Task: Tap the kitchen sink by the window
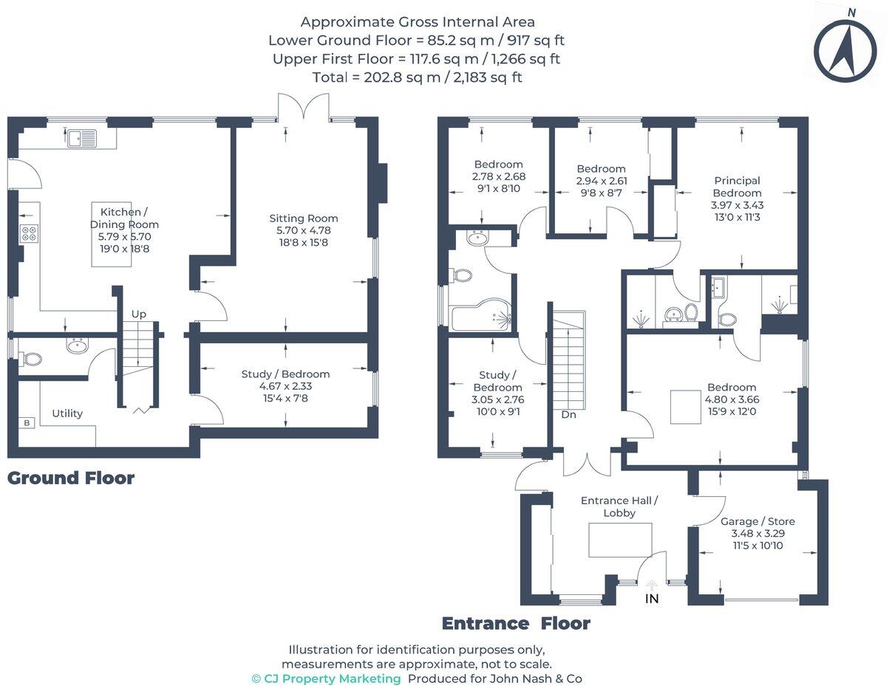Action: coord(82,138)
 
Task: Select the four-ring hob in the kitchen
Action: coord(29,233)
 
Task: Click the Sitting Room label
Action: coord(303,219)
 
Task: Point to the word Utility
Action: coord(67,413)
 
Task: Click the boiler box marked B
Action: coord(27,423)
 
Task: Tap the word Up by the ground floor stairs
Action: coord(139,314)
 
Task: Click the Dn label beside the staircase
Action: coord(568,415)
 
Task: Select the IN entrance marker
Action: coord(652,599)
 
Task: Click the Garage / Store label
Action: coord(757,521)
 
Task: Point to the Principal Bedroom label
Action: coord(737,187)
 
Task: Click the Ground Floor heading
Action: coord(71,478)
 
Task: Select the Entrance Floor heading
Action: coord(516,624)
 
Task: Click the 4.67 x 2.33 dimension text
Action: coord(286,386)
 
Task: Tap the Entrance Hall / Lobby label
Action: coord(619,506)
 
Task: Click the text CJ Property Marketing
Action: coord(332,678)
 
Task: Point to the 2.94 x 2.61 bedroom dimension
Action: coord(602,181)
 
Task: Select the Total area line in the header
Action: coord(417,77)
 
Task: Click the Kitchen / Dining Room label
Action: coord(124,219)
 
